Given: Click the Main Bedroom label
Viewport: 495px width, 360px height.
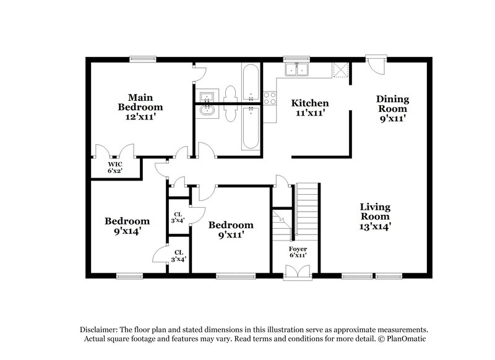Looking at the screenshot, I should [140, 102].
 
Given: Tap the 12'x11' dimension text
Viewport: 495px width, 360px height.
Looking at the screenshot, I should [140, 116].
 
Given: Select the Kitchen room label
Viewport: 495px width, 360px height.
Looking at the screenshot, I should [310, 103].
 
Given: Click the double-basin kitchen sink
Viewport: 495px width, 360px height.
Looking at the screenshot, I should [296, 69].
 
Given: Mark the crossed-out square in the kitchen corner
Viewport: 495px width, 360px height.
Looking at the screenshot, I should [340, 69].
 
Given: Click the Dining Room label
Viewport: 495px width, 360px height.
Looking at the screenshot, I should [393, 103].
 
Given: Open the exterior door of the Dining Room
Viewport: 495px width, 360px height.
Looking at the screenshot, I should [374, 64].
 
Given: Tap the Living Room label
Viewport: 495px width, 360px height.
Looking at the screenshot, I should [376, 212].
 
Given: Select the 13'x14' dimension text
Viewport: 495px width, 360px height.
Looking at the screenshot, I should [376, 226].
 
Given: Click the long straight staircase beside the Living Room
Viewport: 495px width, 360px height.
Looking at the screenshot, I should [307, 210].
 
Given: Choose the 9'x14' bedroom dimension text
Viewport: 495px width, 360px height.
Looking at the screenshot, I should [127, 231].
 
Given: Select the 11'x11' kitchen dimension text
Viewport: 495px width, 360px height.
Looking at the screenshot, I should [310, 113].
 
